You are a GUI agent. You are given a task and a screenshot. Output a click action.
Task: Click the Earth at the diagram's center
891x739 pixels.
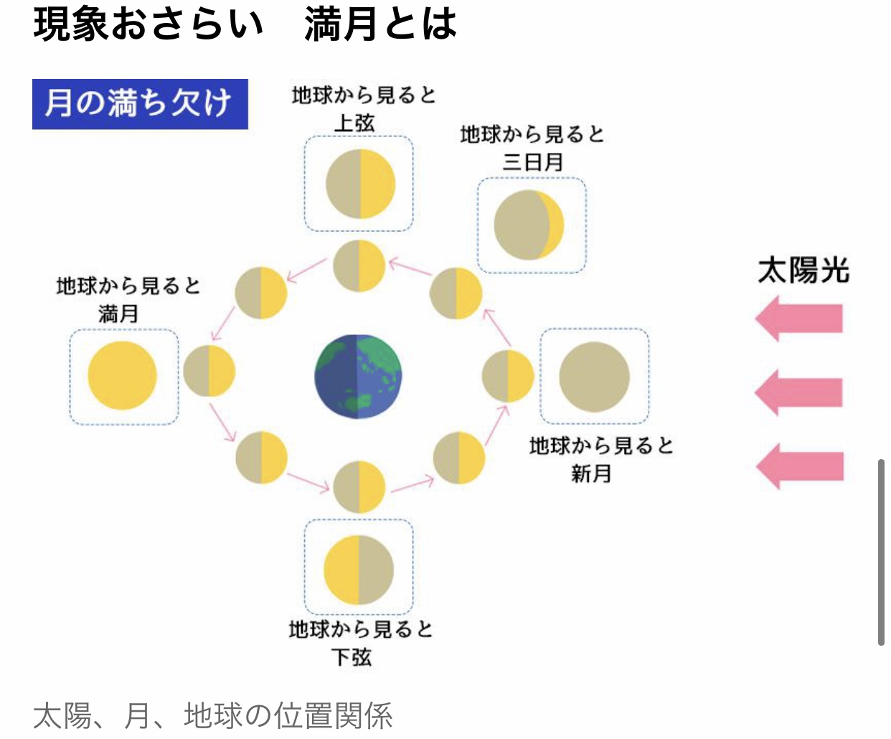click(358, 376)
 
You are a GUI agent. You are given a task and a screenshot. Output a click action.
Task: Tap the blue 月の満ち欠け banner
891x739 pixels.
click(140, 104)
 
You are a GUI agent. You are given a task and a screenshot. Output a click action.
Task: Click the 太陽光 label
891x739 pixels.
click(803, 271)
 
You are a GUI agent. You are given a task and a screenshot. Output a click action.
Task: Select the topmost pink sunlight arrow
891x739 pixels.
click(799, 319)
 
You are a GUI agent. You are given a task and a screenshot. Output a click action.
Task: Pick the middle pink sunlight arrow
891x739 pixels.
click(799, 392)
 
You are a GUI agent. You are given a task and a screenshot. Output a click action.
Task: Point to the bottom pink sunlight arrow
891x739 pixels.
click(800, 466)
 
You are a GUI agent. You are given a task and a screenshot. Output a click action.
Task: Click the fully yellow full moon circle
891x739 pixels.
click(123, 376)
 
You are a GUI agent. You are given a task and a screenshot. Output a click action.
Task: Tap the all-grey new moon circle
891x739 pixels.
click(594, 377)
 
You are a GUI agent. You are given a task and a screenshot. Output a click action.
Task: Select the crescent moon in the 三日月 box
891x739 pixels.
click(529, 225)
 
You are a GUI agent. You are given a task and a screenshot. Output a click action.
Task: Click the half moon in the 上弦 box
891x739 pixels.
click(360, 184)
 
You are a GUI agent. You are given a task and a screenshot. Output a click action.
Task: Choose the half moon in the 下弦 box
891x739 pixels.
click(359, 570)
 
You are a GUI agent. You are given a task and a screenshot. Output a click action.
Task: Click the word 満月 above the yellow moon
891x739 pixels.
click(118, 314)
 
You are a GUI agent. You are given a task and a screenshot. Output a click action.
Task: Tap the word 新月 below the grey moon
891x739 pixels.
click(590, 474)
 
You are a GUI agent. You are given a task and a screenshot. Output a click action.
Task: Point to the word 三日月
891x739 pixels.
click(532, 162)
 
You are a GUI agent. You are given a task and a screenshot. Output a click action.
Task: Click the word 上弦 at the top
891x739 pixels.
click(354, 123)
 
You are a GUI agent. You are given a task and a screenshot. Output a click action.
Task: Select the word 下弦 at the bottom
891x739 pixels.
click(352, 657)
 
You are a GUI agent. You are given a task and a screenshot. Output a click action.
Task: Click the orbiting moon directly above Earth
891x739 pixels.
click(359, 265)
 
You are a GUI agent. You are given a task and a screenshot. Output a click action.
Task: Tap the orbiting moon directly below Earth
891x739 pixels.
click(359, 487)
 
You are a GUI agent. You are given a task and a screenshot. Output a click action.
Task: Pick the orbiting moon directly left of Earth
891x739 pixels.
click(209, 371)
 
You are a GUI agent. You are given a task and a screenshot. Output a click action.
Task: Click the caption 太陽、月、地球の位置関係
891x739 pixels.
click(213, 716)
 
